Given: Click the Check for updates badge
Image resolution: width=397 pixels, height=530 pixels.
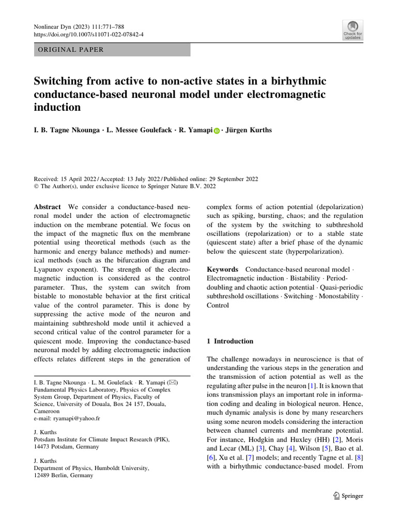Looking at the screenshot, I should point(352,30).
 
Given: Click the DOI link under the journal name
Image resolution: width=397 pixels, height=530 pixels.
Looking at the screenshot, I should point(89,34).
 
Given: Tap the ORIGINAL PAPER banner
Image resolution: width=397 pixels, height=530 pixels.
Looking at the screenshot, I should point(112,50).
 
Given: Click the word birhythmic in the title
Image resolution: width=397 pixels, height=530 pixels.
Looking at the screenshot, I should point(294,82).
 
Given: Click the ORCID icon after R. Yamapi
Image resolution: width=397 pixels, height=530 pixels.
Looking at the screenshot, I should point(217,130).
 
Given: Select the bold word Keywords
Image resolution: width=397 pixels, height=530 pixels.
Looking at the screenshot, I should point(223,270).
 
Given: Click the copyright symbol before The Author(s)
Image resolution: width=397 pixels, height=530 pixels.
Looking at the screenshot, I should point(37,187).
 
